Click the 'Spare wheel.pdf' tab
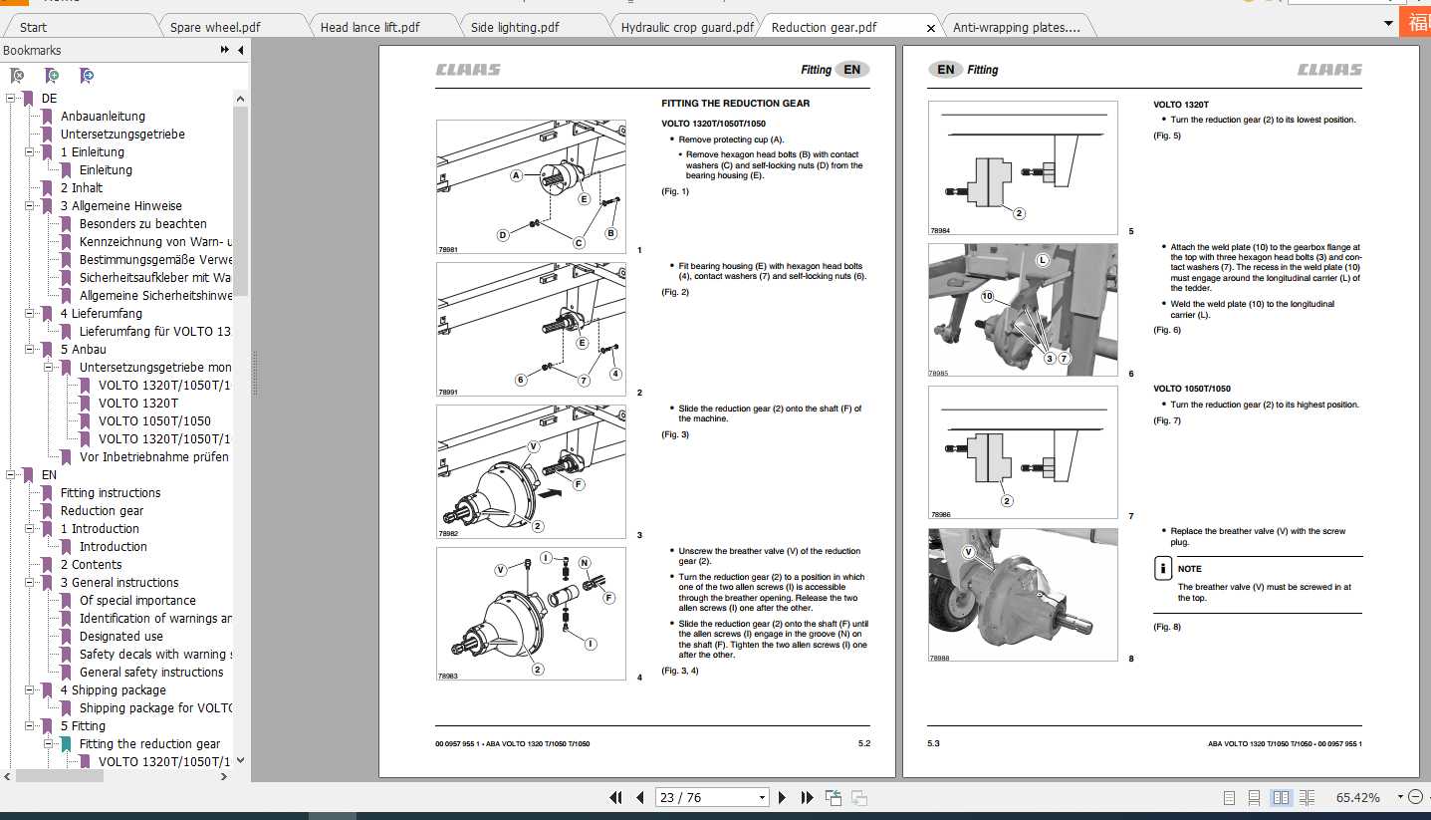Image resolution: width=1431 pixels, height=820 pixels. click(x=215, y=27)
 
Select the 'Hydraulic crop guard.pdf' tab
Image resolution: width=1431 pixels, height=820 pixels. click(x=687, y=27)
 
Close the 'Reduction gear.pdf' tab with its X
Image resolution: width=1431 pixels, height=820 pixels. click(x=931, y=28)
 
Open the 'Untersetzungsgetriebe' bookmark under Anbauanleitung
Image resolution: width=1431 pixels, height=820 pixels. click(x=122, y=135)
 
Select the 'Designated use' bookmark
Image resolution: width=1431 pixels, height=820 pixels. click(x=121, y=637)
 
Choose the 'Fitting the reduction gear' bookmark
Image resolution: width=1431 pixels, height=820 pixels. click(x=149, y=744)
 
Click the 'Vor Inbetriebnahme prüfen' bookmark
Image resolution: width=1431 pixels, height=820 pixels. click(x=154, y=457)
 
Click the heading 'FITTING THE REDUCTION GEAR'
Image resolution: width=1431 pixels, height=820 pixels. click(x=735, y=104)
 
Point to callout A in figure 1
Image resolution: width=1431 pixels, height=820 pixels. click(x=517, y=175)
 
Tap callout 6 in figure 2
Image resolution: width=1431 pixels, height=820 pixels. click(x=520, y=379)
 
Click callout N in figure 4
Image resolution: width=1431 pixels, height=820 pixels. click(x=585, y=563)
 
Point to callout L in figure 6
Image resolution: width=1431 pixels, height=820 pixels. click(x=1043, y=260)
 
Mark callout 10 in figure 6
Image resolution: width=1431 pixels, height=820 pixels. click(x=987, y=297)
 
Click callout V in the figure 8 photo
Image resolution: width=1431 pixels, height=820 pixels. click(x=968, y=551)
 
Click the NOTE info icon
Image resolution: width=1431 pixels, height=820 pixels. click(x=1162, y=569)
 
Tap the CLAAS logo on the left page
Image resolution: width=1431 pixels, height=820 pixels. click(x=468, y=70)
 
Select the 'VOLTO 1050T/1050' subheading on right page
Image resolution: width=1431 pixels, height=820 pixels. click(x=1191, y=389)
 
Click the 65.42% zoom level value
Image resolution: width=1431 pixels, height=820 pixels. click(x=1357, y=798)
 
